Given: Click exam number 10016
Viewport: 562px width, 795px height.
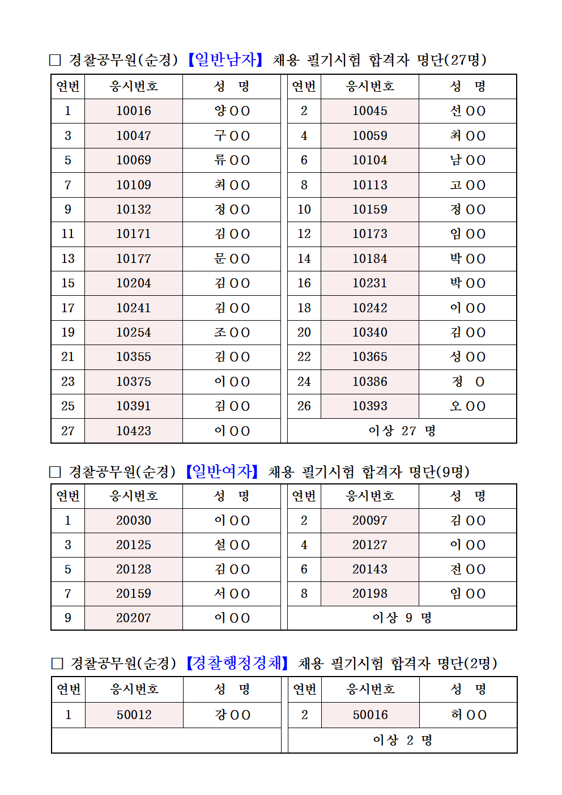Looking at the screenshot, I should tap(134, 111).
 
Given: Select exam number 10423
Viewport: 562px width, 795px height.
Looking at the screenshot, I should tap(134, 431).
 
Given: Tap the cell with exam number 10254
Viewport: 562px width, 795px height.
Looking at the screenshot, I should tap(134, 333).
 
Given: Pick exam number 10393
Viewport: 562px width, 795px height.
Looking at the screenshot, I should tap(370, 406).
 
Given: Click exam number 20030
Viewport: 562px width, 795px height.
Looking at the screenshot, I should tap(134, 521).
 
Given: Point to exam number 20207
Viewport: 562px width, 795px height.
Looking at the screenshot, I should tap(134, 618).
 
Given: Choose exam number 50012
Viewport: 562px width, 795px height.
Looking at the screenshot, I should tap(134, 715).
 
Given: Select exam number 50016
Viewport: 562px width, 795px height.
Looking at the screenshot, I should tap(371, 715).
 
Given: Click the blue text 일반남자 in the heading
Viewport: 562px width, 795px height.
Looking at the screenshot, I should tap(225, 59).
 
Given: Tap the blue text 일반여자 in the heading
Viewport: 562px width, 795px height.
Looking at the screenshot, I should tap(222, 471).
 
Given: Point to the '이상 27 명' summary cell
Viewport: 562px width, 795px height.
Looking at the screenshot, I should tap(402, 431).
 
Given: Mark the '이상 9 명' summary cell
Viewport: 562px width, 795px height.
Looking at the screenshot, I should tap(402, 618).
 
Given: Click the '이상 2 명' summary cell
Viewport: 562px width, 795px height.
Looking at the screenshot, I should tap(402, 741).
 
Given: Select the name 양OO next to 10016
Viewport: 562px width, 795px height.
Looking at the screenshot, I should tap(232, 111).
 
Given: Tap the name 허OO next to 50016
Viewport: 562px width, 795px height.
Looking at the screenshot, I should tap(469, 715).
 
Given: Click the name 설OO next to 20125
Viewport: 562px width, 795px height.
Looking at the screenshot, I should tap(232, 545).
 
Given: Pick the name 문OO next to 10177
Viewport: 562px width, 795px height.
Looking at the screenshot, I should tap(232, 259).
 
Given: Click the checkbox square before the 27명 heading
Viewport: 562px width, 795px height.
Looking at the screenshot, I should tap(55, 60).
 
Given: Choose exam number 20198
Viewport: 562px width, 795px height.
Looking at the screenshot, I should tap(370, 594).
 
